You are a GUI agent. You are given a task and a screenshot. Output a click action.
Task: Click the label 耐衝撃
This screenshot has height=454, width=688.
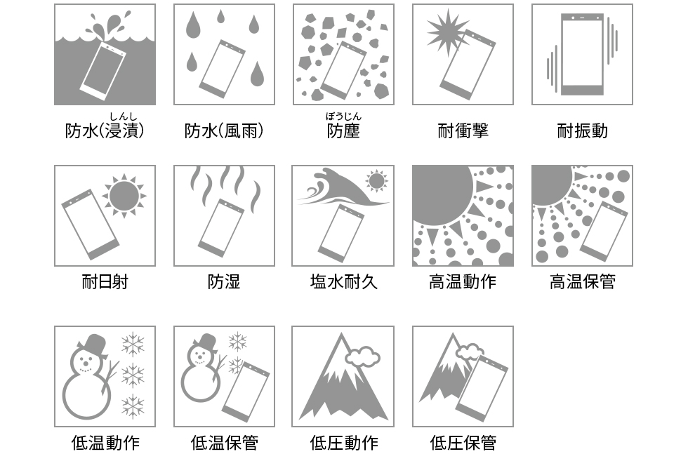coord(463,131)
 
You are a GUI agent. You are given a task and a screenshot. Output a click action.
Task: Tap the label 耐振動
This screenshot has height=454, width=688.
coord(582,131)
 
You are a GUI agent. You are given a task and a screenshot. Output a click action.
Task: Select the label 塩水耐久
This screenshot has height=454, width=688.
coord(343,281)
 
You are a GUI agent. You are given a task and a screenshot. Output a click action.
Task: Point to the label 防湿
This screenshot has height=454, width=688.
coord(224,281)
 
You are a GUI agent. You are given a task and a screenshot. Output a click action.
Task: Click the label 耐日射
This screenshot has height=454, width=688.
coord(105,281)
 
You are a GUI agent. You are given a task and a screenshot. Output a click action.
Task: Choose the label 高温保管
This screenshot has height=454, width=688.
coord(582,281)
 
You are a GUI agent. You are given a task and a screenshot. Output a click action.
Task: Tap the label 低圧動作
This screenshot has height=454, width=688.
coord(343,443)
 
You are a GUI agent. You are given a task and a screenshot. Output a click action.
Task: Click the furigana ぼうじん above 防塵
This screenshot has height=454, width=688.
coord(343,116)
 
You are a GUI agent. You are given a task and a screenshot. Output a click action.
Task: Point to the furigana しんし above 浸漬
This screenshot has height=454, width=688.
coord(124,116)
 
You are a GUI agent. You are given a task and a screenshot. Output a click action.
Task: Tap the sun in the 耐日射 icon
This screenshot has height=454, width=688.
coord(124,196)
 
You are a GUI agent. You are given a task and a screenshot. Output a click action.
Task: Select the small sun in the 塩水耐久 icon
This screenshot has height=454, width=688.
coord(376,181)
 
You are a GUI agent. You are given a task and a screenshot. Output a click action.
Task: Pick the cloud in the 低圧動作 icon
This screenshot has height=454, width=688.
coord(363,356)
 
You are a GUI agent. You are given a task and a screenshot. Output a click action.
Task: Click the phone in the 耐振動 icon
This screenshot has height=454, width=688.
coord(582,54)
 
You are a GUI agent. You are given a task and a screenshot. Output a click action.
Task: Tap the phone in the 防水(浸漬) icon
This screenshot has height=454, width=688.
coord(104,72)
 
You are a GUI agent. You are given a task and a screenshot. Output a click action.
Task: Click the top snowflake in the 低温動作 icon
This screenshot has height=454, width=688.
coord(133,345)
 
